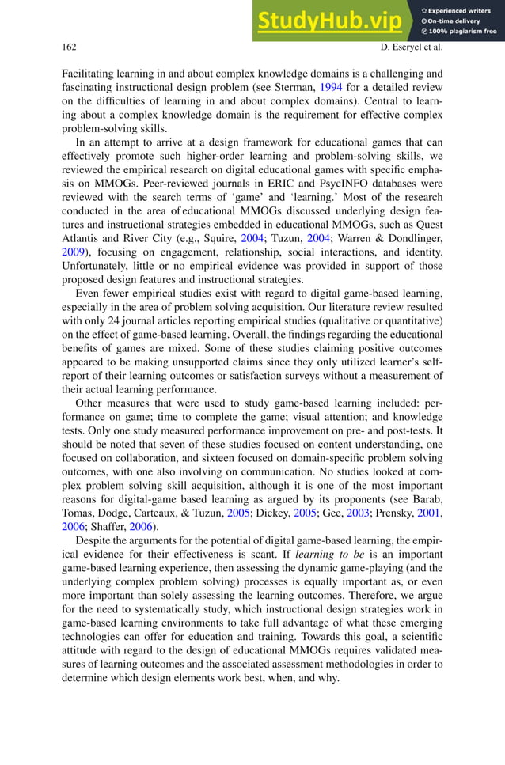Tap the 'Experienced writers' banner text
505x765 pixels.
pos(462,9)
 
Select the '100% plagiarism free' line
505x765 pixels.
pos(462,32)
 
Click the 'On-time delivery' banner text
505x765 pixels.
pos(458,21)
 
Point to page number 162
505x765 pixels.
pos(69,48)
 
